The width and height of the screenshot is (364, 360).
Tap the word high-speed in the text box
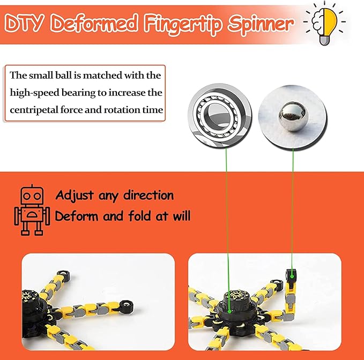click(34, 93)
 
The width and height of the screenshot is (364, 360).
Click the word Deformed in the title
click(95, 24)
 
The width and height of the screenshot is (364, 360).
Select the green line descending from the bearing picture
click(227, 214)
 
